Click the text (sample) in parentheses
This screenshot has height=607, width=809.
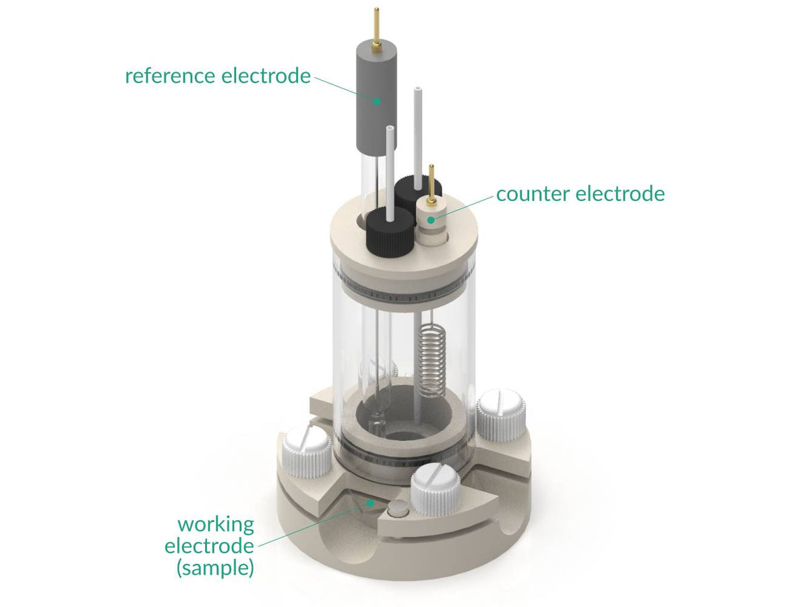pyautogui.click(x=215, y=568)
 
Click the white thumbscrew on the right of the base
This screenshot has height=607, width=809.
pyautogui.click(x=500, y=413)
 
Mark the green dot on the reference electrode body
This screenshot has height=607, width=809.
pyautogui.click(x=377, y=102)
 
